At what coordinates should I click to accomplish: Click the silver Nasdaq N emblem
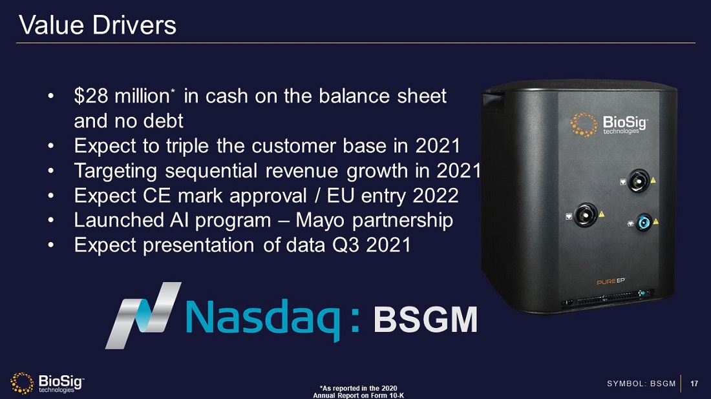[x=143, y=314]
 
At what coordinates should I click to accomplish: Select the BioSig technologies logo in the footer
[x=47, y=383]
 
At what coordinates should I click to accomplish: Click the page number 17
[x=694, y=384]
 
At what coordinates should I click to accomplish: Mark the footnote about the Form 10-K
[x=357, y=391]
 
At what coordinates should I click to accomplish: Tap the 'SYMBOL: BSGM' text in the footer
[x=641, y=384]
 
